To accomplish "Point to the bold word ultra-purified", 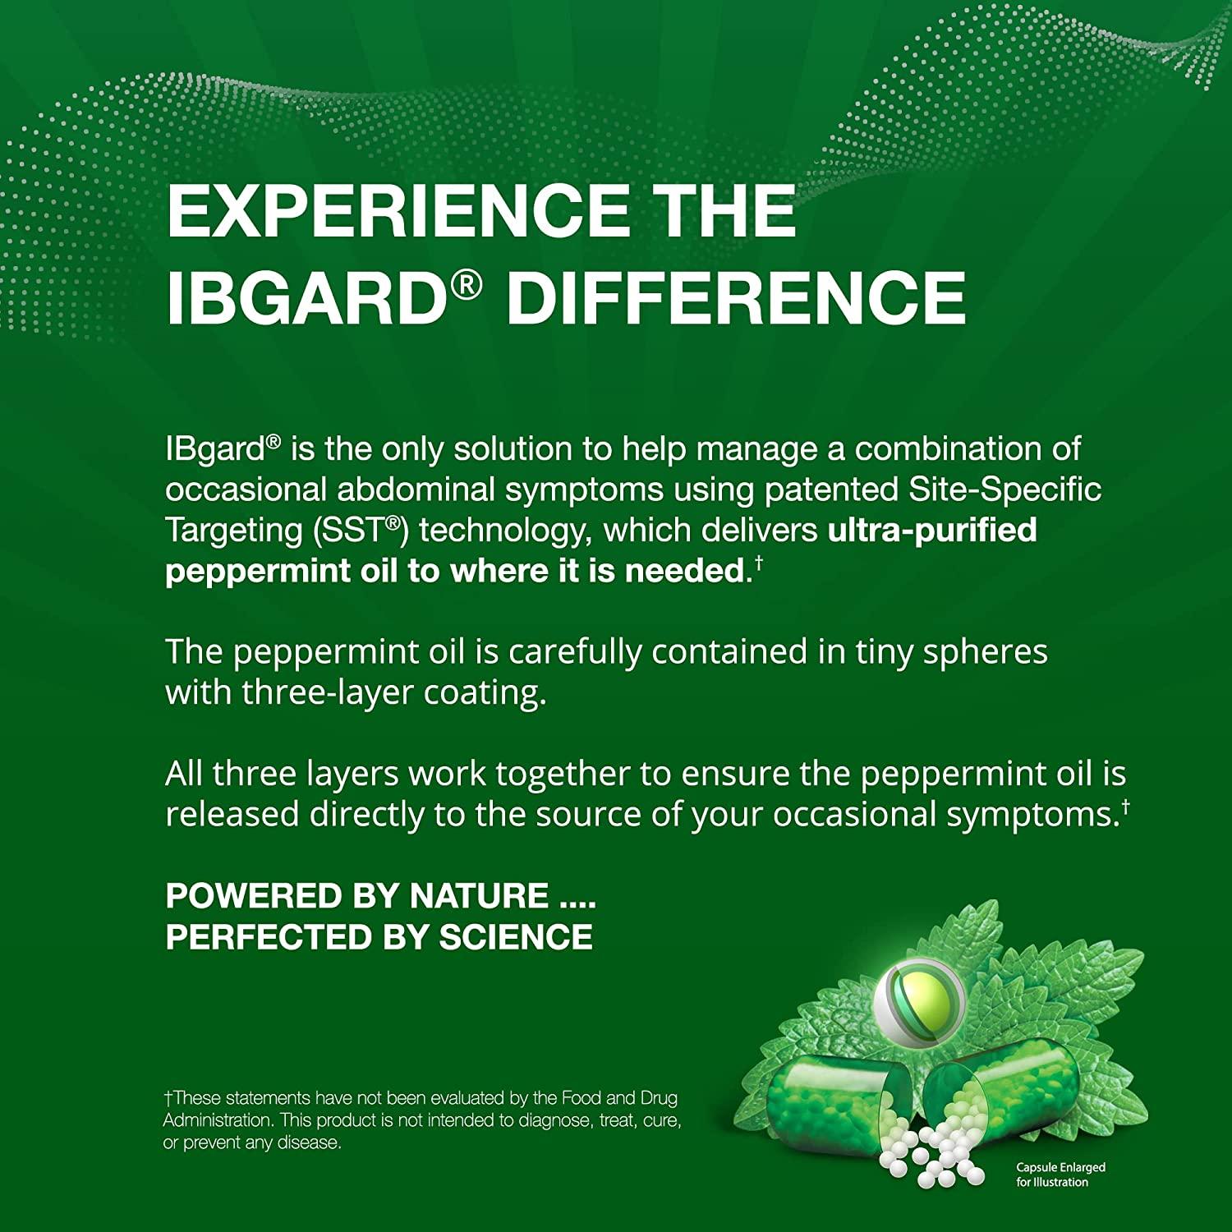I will point(932,531).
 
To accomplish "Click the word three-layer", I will point(327,693).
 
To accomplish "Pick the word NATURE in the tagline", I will point(479,896).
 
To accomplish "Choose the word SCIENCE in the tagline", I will point(516,937).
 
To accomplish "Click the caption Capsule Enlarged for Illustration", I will point(1060,1175).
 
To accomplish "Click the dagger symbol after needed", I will point(759,563).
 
